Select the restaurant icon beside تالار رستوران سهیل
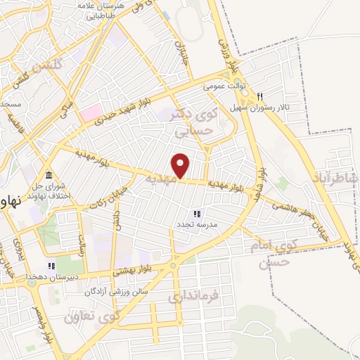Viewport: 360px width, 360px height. point(259,97)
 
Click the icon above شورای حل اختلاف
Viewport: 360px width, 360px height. point(49,174)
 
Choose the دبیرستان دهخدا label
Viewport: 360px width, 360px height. point(26,278)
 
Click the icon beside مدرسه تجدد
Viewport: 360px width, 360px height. point(198,213)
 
